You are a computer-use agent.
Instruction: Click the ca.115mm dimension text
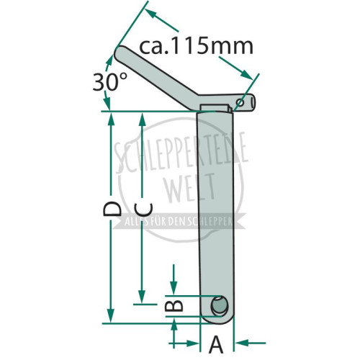click(x=196, y=46)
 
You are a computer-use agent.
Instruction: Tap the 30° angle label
click(x=110, y=81)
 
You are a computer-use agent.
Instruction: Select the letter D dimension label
click(x=112, y=209)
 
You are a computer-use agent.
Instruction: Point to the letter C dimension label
click(x=143, y=210)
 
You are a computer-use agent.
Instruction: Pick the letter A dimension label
click(x=216, y=345)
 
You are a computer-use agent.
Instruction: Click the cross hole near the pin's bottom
click(x=219, y=306)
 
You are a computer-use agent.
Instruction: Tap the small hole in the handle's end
click(x=240, y=103)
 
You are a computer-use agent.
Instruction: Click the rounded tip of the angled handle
click(x=118, y=54)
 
